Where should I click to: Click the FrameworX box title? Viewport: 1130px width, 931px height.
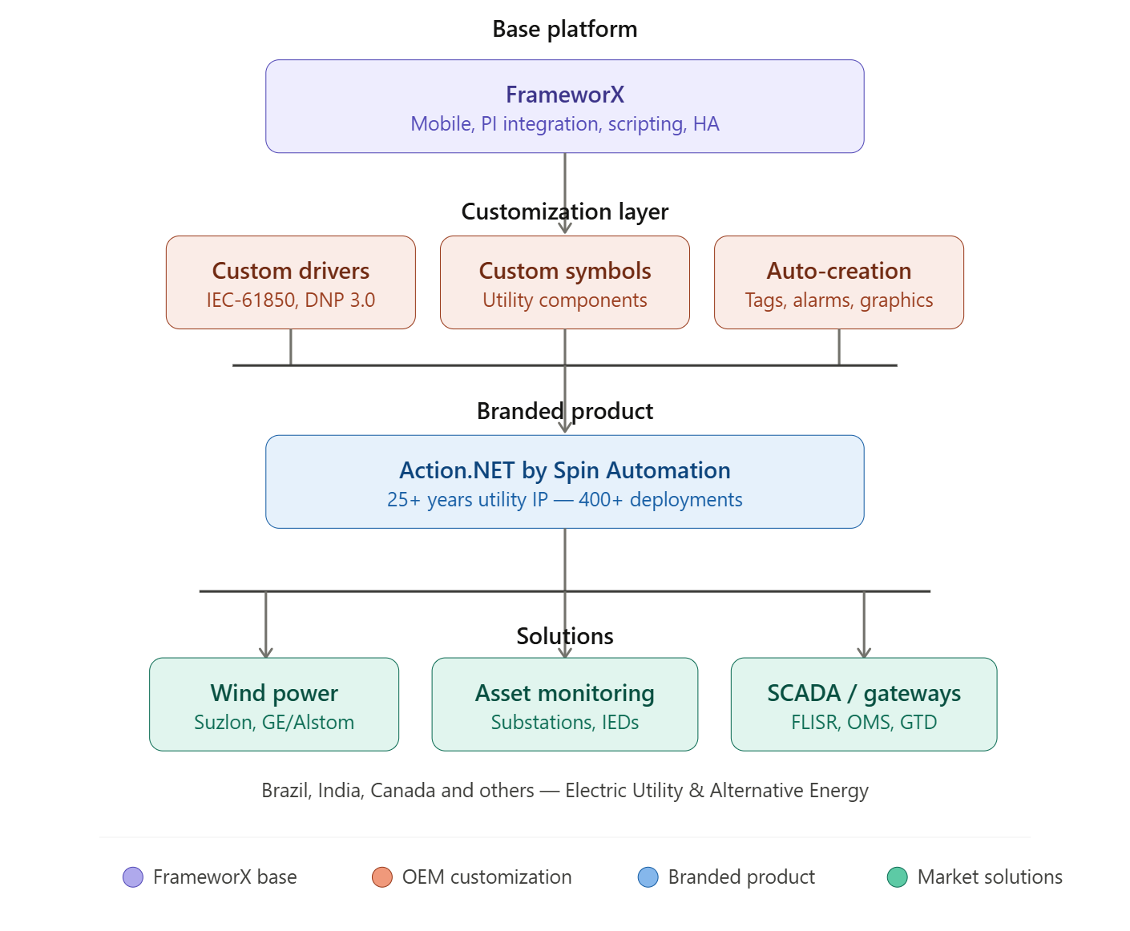564,95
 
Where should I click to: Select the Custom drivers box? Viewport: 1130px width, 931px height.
290,282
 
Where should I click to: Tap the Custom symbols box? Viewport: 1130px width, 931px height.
564,282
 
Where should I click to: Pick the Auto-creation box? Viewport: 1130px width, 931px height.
838,282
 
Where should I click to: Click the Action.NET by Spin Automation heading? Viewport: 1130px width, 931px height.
564,470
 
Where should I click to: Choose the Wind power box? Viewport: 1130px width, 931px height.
274,704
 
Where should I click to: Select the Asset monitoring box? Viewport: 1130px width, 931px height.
564,704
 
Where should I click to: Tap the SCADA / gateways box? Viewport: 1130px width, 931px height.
863,704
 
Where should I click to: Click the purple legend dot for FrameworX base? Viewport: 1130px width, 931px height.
133,877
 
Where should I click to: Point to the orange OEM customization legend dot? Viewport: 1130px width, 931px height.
382,877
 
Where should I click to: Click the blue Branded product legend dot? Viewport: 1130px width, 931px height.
648,877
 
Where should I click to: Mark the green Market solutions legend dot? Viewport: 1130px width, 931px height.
897,877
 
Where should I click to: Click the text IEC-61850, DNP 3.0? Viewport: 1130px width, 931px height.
290,300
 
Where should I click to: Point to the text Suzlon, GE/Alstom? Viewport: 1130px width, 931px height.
274,723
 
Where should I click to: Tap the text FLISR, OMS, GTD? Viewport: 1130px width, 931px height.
863,723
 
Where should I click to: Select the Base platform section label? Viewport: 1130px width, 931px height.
564,30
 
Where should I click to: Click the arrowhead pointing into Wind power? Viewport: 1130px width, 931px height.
266,651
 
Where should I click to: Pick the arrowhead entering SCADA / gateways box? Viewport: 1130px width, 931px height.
864,651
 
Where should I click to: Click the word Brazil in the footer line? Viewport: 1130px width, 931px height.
285,791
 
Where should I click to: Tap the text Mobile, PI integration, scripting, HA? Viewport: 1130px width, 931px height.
564,124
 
